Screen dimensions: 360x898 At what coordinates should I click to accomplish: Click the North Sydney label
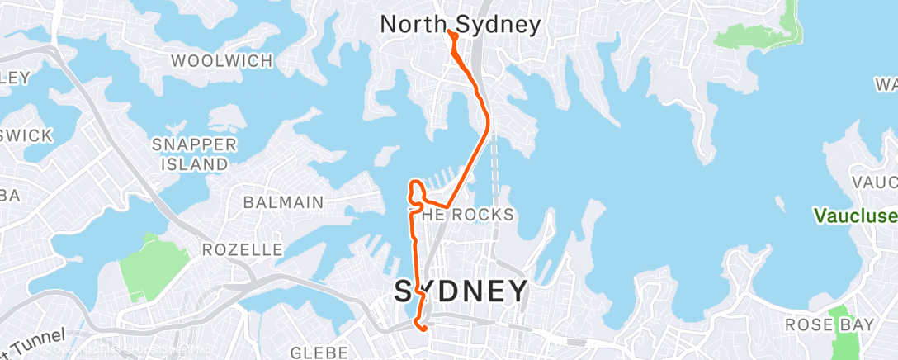coord(460,25)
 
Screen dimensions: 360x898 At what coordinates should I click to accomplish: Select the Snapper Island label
coord(195,154)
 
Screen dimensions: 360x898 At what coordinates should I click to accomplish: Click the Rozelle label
coord(243,249)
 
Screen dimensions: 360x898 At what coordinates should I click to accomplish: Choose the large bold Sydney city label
coord(461,291)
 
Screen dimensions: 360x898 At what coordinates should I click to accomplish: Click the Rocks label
coord(467,215)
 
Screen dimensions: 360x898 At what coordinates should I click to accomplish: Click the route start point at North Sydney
coord(449,32)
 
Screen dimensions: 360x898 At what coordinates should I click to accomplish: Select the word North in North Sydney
coord(406,25)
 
